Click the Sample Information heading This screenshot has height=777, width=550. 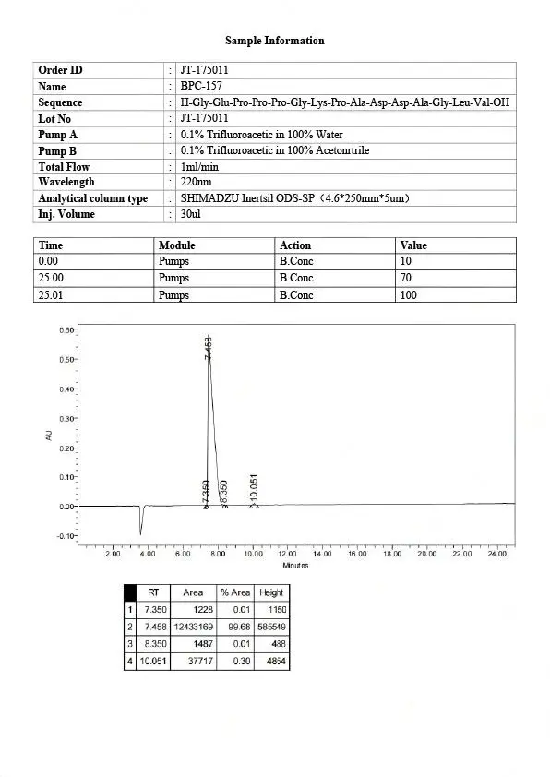(x=275, y=41)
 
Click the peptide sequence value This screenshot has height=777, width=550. (x=344, y=102)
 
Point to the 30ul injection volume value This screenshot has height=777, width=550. (x=191, y=214)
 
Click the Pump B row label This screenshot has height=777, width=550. (x=57, y=150)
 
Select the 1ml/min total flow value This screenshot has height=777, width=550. (x=199, y=167)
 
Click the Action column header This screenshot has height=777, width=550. (x=295, y=245)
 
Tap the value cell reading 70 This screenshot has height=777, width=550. (x=407, y=278)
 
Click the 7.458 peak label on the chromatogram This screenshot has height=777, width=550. (x=209, y=348)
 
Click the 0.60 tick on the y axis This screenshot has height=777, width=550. (x=66, y=329)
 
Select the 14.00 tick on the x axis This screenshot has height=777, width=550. (x=322, y=554)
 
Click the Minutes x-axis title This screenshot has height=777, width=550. (x=295, y=565)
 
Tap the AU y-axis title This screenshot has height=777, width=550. (x=49, y=433)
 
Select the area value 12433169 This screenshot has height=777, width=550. (x=193, y=627)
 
